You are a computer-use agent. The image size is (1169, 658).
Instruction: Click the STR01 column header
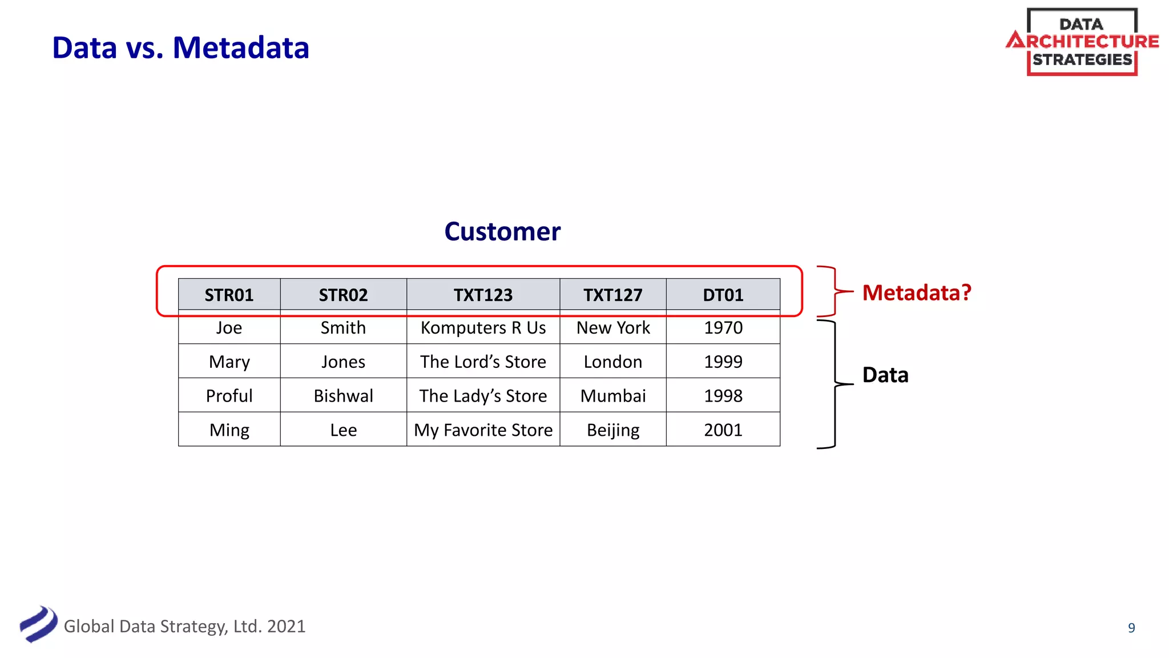click(229, 295)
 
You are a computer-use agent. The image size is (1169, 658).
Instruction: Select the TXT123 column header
click(483, 295)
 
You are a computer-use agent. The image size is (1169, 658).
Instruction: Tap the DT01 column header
click(723, 295)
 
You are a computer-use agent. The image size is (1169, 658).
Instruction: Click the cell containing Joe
click(229, 328)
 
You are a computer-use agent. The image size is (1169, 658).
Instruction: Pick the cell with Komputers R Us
click(483, 328)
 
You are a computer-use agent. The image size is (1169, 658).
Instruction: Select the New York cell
click(612, 328)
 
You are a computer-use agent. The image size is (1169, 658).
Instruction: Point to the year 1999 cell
click(723, 362)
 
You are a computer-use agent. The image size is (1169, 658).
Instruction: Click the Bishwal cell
click(343, 396)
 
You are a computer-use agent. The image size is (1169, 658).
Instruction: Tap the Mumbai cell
click(612, 396)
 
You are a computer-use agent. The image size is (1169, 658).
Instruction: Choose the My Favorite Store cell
click(483, 430)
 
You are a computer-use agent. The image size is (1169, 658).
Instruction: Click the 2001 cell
click(723, 430)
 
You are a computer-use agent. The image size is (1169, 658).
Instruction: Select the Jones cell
click(343, 362)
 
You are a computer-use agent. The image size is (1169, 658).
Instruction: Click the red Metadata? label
click(916, 292)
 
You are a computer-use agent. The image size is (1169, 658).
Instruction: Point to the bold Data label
click(885, 375)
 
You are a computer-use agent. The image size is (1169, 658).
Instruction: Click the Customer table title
click(502, 231)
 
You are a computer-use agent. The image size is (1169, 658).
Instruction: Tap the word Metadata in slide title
click(241, 47)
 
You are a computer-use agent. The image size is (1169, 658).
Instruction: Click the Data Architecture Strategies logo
click(1082, 42)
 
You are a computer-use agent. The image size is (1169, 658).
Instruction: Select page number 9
click(1131, 628)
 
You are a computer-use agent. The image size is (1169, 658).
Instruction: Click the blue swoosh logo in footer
click(38, 624)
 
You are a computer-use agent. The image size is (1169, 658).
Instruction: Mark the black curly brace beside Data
click(835, 384)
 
